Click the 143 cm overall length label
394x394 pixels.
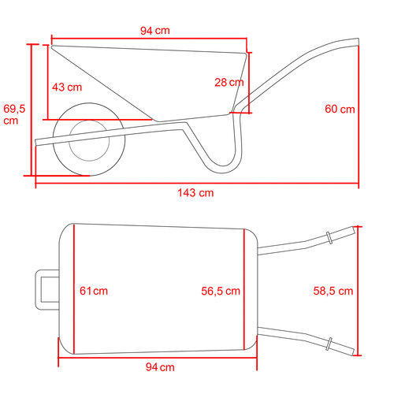(195, 193)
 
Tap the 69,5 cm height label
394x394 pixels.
(14, 114)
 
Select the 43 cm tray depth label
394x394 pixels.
(67, 87)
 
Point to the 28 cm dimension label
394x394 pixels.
(229, 83)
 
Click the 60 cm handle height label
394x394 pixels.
(340, 109)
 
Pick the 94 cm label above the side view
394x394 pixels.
(155, 31)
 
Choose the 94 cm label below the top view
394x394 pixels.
(160, 367)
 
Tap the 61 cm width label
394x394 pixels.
(94, 291)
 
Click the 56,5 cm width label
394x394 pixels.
(221, 291)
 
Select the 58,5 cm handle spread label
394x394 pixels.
(333, 291)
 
